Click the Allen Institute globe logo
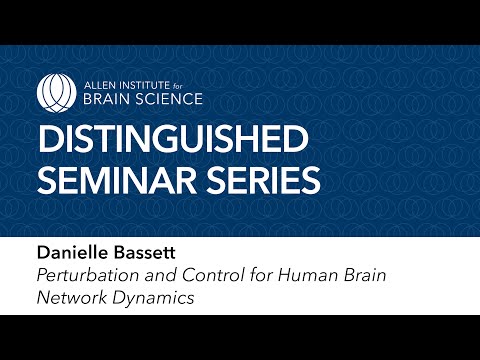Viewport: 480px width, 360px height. click(55, 91)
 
